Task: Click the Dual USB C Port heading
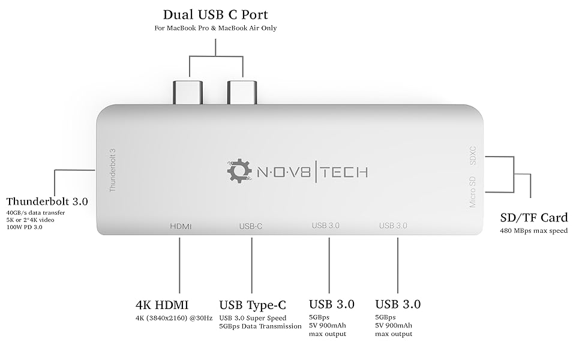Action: [x=215, y=14]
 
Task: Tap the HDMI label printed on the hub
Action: [x=180, y=226]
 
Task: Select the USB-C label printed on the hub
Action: [x=251, y=226]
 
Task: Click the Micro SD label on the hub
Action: [x=473, y=193]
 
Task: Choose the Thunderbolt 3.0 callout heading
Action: [x=47, y=202]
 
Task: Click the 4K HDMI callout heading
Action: [x=163, y=304]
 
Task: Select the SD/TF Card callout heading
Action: [x=534, y=218]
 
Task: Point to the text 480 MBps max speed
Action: [x=533, y=230]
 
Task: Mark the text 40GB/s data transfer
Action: [x=35, y=213]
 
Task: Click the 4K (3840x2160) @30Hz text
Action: [x=174, y=317]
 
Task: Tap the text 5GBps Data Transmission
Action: [x=260, y=326]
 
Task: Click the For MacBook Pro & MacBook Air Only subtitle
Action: [x=215, y=28]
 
